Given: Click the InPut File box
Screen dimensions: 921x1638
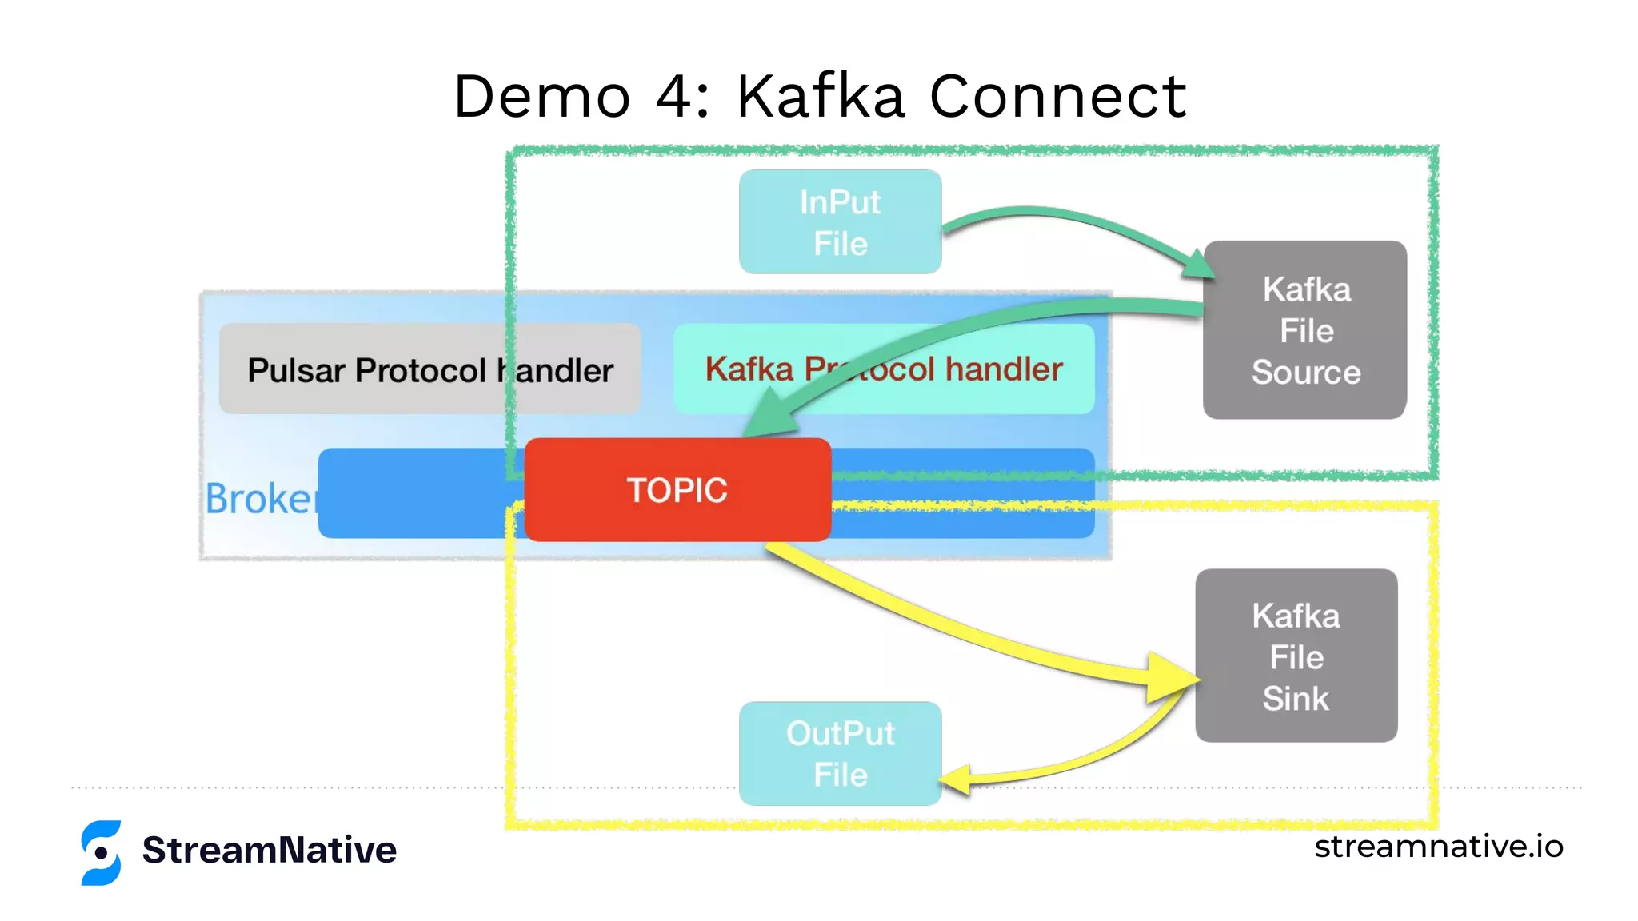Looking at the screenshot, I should [840, 222].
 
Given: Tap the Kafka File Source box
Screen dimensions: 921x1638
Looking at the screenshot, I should [1304, 330].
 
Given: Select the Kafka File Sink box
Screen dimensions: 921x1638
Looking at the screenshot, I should [1296, 656].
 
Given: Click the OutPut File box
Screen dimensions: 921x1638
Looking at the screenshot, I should [840, 753].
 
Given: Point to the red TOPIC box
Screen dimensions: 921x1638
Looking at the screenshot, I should [677, 490].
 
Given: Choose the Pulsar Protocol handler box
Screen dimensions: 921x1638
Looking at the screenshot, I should [429, 370].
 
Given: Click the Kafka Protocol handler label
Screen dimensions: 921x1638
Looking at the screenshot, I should [883, 369].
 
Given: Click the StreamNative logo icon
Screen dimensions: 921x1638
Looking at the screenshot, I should [102, 852].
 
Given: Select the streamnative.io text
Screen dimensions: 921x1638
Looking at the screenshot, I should [1438, 847].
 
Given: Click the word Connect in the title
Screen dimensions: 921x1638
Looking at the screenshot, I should [1057, 96].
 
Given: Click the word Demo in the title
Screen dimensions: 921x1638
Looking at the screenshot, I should [542, 96].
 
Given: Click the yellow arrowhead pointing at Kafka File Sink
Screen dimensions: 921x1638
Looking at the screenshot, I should [1171, 678].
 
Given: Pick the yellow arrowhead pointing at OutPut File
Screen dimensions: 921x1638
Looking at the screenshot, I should [957, 779].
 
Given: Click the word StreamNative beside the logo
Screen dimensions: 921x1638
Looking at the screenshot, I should [269, 850].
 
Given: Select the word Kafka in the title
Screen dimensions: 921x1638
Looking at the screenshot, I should [821, 96].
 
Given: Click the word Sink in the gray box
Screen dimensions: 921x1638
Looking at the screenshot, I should [1296, 699].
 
